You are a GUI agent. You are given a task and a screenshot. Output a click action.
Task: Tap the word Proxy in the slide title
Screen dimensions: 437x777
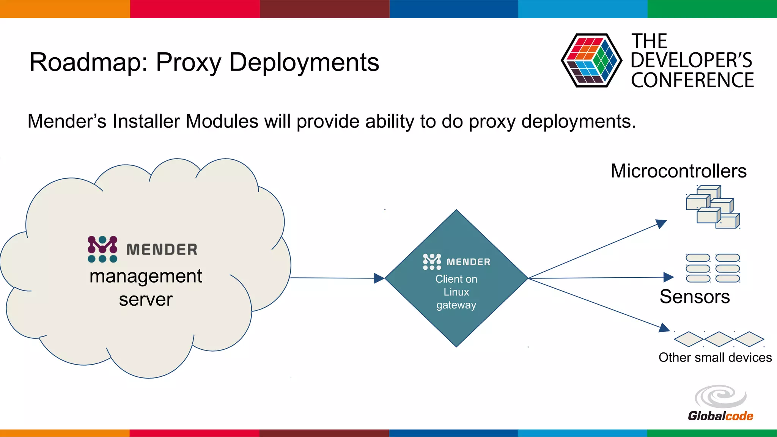pyautogui.click(x=189, y=63)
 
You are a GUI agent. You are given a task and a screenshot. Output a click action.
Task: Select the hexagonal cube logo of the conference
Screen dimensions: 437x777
pyautogui.click(x=591, y=61)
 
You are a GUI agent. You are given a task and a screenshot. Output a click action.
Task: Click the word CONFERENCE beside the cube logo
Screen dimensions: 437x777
pyautogui.click(x=692, y=80)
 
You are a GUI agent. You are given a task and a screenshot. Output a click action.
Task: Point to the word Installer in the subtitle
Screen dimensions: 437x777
pyautogui.click(x=146, y=122)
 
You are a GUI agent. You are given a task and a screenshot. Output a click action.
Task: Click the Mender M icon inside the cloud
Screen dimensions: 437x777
pyautogui.click(x=102, y=249)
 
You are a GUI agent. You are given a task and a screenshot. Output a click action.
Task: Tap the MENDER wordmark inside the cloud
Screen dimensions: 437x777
pyautogui.click(x=162, y=250)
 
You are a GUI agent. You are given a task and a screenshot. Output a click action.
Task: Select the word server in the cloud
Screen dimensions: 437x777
pyautogui.click(x=146, y=300)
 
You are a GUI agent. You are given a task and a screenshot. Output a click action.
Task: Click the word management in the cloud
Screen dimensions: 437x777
pyautogui.click(x=146, y=276)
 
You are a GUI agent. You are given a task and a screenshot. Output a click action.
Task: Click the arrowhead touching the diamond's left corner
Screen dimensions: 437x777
pyautogui.click(x=379, y=278)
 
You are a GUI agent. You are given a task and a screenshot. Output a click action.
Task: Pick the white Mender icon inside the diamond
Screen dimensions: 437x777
pyautogui.click(x=432, y=262)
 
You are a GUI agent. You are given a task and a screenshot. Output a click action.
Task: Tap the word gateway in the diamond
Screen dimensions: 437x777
pyautogui.click(x=456, y=305)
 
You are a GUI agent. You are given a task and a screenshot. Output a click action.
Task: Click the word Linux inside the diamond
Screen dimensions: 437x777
pyautogui.click(x=456, y=292)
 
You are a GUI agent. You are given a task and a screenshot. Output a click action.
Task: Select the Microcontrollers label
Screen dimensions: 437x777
pyautogui.click(x=678, y=171)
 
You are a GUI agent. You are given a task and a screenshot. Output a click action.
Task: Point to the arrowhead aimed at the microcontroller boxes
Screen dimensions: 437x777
pyautogui.click(x=661, y=223)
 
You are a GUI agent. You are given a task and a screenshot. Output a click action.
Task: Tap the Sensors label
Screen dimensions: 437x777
pyautogui.click(x=694, y=297)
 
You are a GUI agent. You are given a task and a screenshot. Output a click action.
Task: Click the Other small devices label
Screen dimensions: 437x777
pyautogui.click(x=715, y=357)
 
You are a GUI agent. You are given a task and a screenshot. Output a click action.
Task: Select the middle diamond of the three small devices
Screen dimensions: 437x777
pyautogui.click(x=719, y=339)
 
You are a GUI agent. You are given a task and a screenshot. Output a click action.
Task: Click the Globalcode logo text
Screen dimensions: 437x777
pyautogui.click(x=720, y=416)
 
